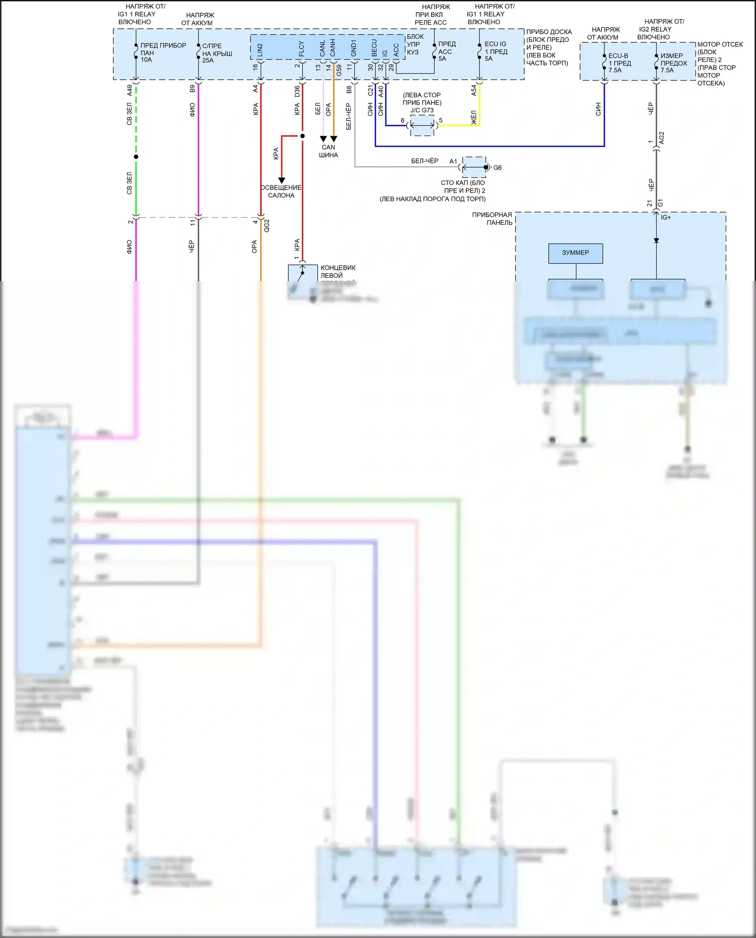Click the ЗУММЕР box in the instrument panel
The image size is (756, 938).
pos(575,253)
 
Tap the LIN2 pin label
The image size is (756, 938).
pos(260,49)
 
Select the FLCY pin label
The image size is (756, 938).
pos(301,48)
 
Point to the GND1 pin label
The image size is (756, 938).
pos(354,48)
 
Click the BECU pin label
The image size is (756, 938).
pos(374,48)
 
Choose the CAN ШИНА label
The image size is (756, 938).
pos(328,151)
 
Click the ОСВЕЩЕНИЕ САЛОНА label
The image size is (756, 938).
pos(281,192)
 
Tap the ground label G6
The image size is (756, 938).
pos(497,168)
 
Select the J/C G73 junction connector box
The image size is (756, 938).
pos(422,125)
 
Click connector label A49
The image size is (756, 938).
pos(130,90)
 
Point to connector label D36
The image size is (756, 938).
pos(297,91)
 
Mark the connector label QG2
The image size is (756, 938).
pos(267,225)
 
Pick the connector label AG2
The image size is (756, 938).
pos(662,138)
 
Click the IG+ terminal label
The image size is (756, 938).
pos(666,217)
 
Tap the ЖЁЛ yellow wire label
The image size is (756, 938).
pos(474,116)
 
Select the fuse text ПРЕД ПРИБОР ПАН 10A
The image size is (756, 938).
pos(162,52)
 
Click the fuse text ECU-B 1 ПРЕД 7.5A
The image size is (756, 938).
pos(619,63)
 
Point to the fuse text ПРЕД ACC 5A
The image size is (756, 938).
pos(447,51)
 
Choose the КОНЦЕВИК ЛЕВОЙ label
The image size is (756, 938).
pos(338,272)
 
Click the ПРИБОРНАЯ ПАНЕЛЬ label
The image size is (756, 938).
pos(492,219)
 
